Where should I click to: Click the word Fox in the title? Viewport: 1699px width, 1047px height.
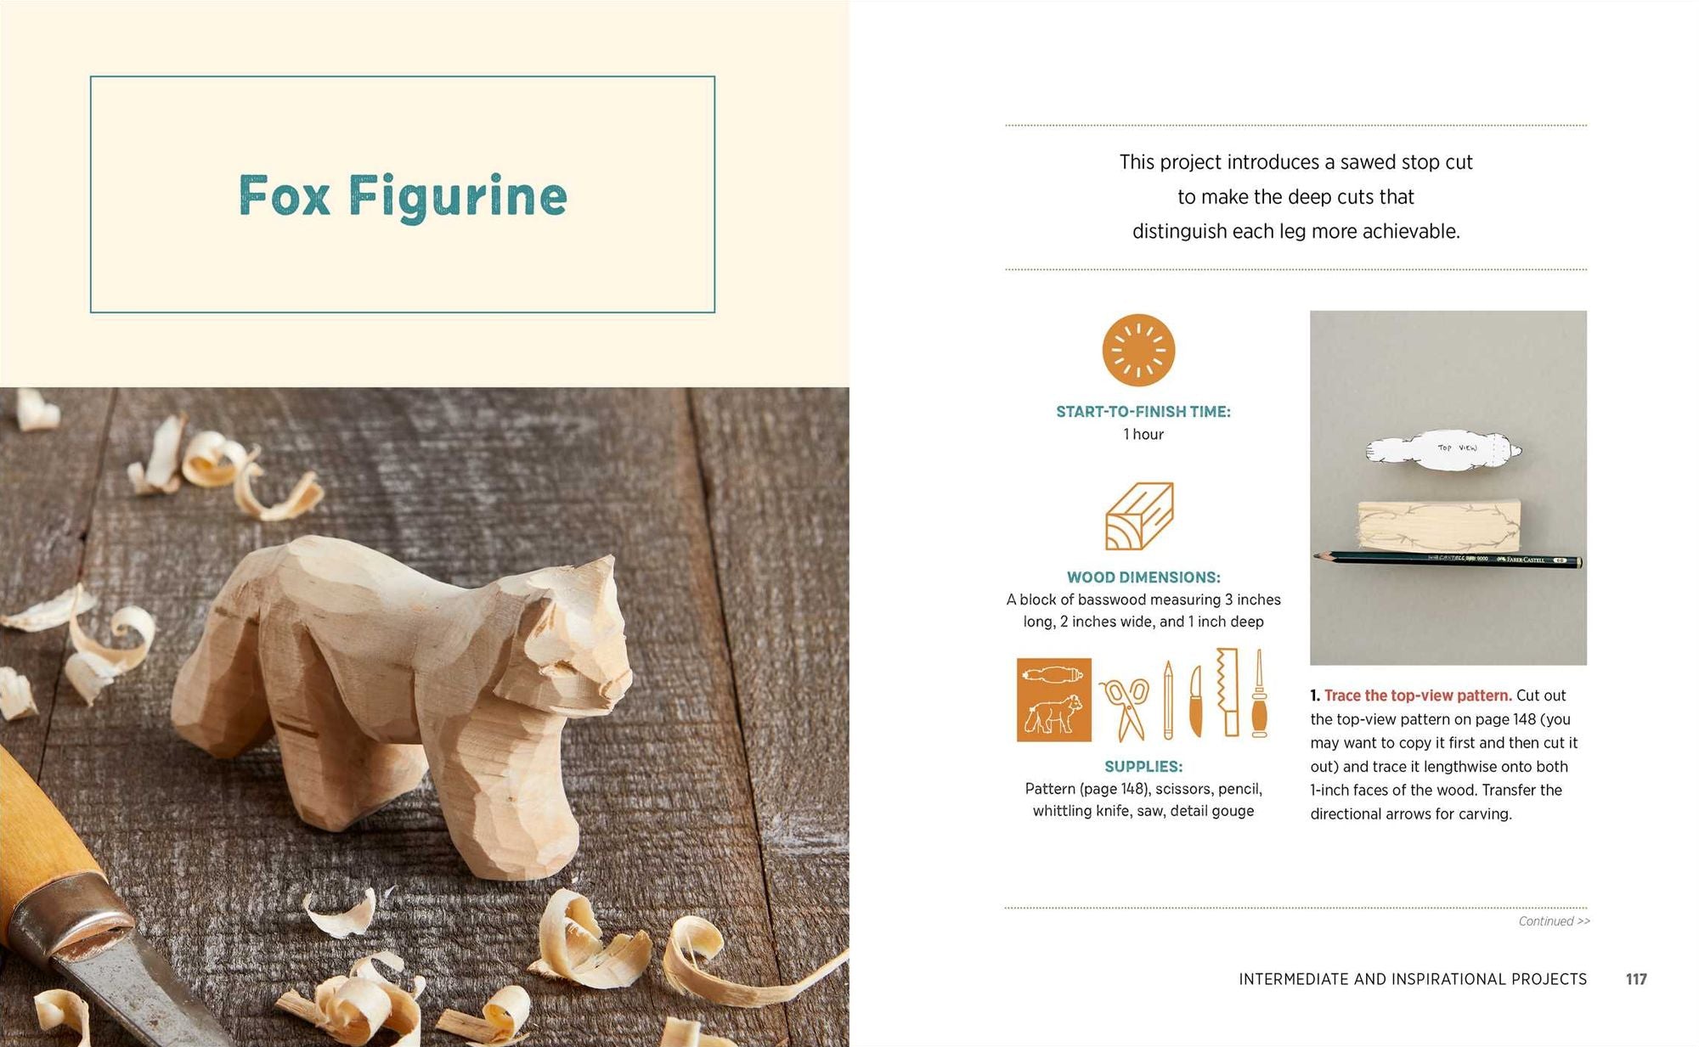(284, 196)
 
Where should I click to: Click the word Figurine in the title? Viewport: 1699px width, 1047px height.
(457, 197)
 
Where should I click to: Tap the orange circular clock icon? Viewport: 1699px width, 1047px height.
(1138, 350)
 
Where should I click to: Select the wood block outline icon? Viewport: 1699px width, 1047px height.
(1139, 515)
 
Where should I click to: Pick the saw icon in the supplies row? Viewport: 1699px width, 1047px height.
(1227, 691)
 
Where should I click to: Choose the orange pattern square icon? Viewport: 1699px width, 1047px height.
(1054, 700)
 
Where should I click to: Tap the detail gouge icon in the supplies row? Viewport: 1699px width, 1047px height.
(1259, 693)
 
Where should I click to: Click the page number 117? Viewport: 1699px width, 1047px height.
(1636, 979)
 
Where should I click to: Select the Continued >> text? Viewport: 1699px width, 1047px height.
(1554, 921)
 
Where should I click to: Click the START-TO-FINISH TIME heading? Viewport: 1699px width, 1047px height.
(1143, 412)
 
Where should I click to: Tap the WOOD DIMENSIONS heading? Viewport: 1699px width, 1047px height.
(1143, 577)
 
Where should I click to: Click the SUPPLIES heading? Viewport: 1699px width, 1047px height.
(1143, 766)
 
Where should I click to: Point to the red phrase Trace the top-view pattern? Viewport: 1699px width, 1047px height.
(1418, 695)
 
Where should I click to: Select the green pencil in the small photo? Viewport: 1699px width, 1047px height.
(1448, 559)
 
